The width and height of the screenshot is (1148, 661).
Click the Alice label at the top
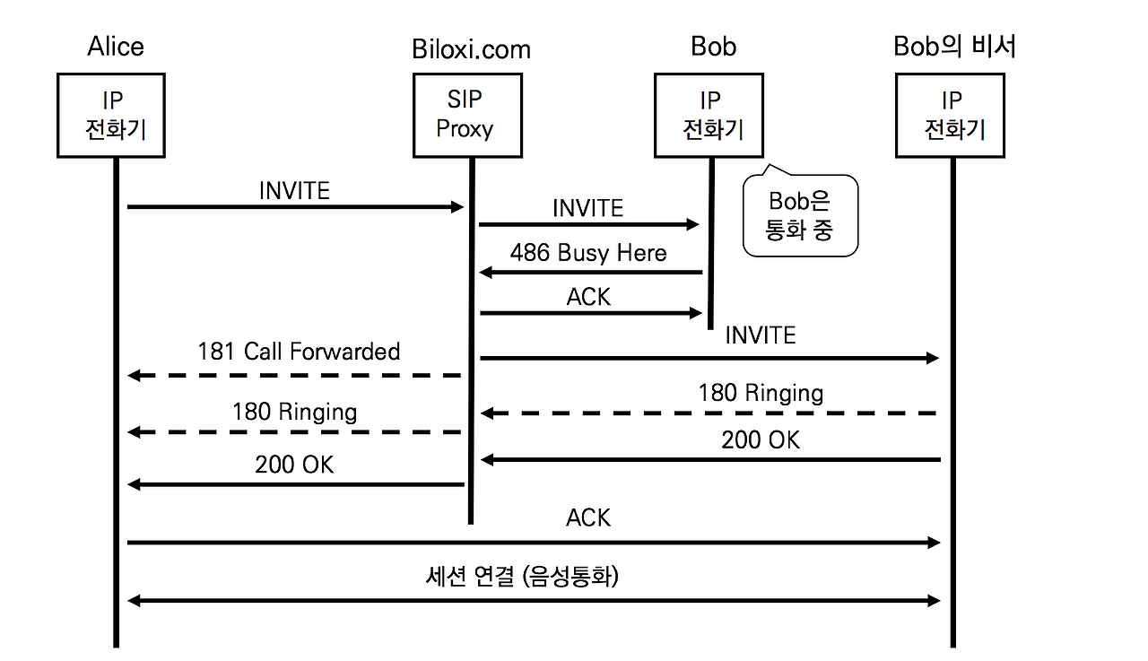[x=116, y=47]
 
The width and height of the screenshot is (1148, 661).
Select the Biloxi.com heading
[x=471, y=48]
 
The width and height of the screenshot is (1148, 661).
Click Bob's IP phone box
[x=709, y=116]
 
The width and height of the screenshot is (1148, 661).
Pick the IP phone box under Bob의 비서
[x=951, y=116]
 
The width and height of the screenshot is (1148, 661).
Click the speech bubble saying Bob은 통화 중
[x=800, y=215]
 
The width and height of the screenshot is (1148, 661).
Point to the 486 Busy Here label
[x=588, y=253]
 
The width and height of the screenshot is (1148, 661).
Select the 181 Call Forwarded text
[x=299, y=352]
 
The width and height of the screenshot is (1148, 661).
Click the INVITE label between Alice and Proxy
[x=294, y=191]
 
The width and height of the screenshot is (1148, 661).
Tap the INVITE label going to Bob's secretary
[x=760, y=335]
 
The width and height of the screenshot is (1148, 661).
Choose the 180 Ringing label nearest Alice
[x=294, y=412]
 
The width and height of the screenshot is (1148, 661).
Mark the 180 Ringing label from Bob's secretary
[x=761, y=393]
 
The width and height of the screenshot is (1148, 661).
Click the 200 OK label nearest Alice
[x=294, y=465]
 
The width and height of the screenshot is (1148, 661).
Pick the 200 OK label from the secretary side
[x=761, y=440]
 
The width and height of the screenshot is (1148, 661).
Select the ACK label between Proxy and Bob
[x=588, y=297]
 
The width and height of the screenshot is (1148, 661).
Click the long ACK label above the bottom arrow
[x=588, y=518]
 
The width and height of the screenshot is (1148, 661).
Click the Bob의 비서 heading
[x=955, y=47]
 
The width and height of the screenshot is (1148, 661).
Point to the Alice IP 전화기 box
[x=112, y=116]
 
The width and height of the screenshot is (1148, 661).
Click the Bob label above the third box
[x=713, y=47]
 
